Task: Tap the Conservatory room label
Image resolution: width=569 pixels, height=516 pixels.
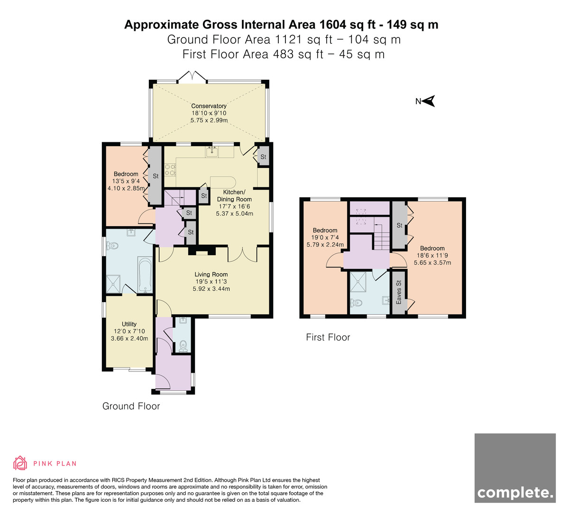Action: (209, 106)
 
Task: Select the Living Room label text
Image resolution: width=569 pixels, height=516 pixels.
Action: (211, 275)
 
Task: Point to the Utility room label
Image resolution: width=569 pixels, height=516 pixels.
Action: (129, 324)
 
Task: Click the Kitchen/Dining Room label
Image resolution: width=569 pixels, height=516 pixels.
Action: (234, 195)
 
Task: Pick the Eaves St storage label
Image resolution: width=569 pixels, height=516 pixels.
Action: (399, 292)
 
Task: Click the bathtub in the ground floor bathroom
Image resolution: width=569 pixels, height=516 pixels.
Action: (145, 275)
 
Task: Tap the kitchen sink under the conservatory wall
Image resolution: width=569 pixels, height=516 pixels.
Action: (211, 152)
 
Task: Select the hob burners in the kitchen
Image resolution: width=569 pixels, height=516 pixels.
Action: (170, 169)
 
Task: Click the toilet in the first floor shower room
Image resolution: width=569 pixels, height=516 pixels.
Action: (356, 303)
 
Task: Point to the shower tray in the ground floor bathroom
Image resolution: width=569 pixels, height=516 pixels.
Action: (113, 284)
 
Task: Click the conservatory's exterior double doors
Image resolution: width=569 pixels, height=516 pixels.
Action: (193, 77)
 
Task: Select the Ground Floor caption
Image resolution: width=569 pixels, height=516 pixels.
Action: (131, 406)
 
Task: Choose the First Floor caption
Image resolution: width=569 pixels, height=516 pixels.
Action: (328, 337)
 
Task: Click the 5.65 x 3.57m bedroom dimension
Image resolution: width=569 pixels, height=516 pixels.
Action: (432, 263)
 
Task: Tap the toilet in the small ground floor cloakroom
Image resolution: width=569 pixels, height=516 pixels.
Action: (184, 346)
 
